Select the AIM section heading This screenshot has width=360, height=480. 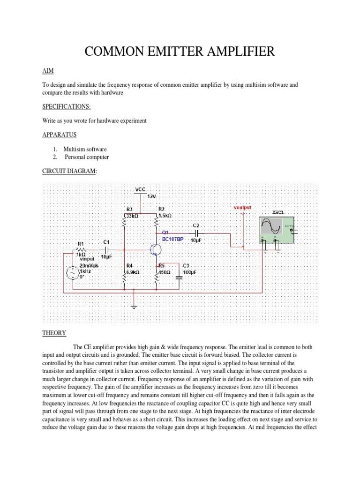point(48,70)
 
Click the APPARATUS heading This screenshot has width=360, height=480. point(59,135)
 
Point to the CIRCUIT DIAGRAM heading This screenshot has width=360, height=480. point(69,172)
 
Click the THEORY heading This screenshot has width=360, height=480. point(54,333)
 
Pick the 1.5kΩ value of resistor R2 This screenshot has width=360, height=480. point(165,216)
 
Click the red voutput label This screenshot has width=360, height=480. point(243,207)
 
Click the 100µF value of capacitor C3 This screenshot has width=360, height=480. point(189,272)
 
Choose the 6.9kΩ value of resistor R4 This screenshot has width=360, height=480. point(133,272)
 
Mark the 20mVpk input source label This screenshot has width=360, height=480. point(90,265)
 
